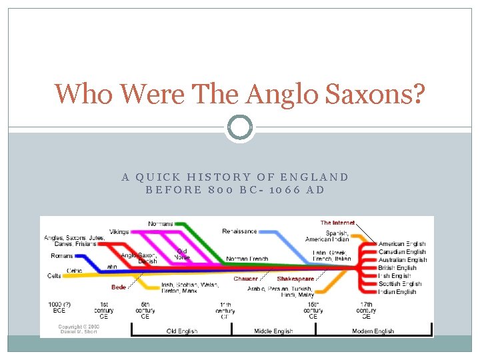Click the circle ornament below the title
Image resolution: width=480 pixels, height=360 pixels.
[239, 127]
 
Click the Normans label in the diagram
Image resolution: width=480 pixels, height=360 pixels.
[160, 223]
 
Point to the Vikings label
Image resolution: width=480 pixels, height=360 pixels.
[119, 231]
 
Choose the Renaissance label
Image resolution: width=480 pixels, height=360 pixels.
[239, 231]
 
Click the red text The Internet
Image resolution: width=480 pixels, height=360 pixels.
[337, 223]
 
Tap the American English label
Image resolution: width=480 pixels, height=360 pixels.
[402, 244]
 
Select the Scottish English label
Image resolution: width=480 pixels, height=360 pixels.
[400, 284]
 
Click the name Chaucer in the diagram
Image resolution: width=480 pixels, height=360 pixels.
[245, 279]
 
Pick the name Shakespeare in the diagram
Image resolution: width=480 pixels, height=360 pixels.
[295, 279]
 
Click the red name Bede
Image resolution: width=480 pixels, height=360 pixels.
[119, 287]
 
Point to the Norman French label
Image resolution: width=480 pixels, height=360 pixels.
[247, 259]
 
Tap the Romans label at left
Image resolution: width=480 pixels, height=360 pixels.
[62, 256]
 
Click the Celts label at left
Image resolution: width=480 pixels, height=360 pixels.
[54, 275]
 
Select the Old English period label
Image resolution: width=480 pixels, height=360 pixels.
[181, 331]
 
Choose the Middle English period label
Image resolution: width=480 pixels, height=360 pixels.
[273, 331]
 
